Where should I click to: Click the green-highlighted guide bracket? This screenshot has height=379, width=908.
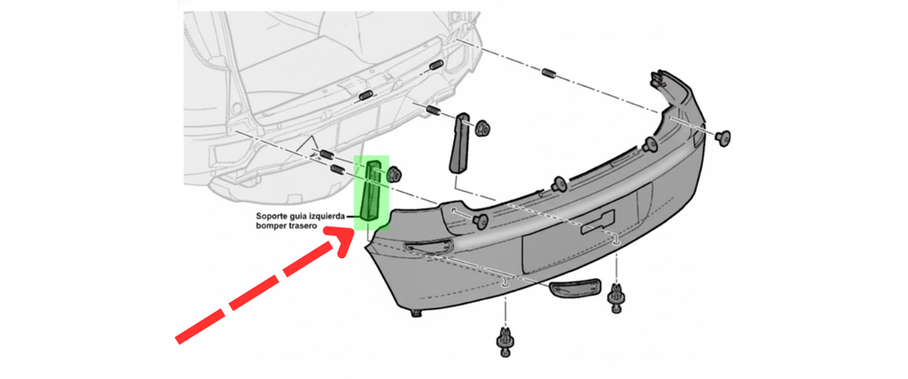pyautogui.click(x=371, y=190)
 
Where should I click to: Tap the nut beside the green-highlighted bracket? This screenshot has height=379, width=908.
pyautogui.click(x=394, y=173)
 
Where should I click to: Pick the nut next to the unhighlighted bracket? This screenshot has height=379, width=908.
pyautogui.click(x=484, y=127)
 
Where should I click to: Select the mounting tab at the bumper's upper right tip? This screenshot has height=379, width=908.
pyautogui.click(x=658, y=78)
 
